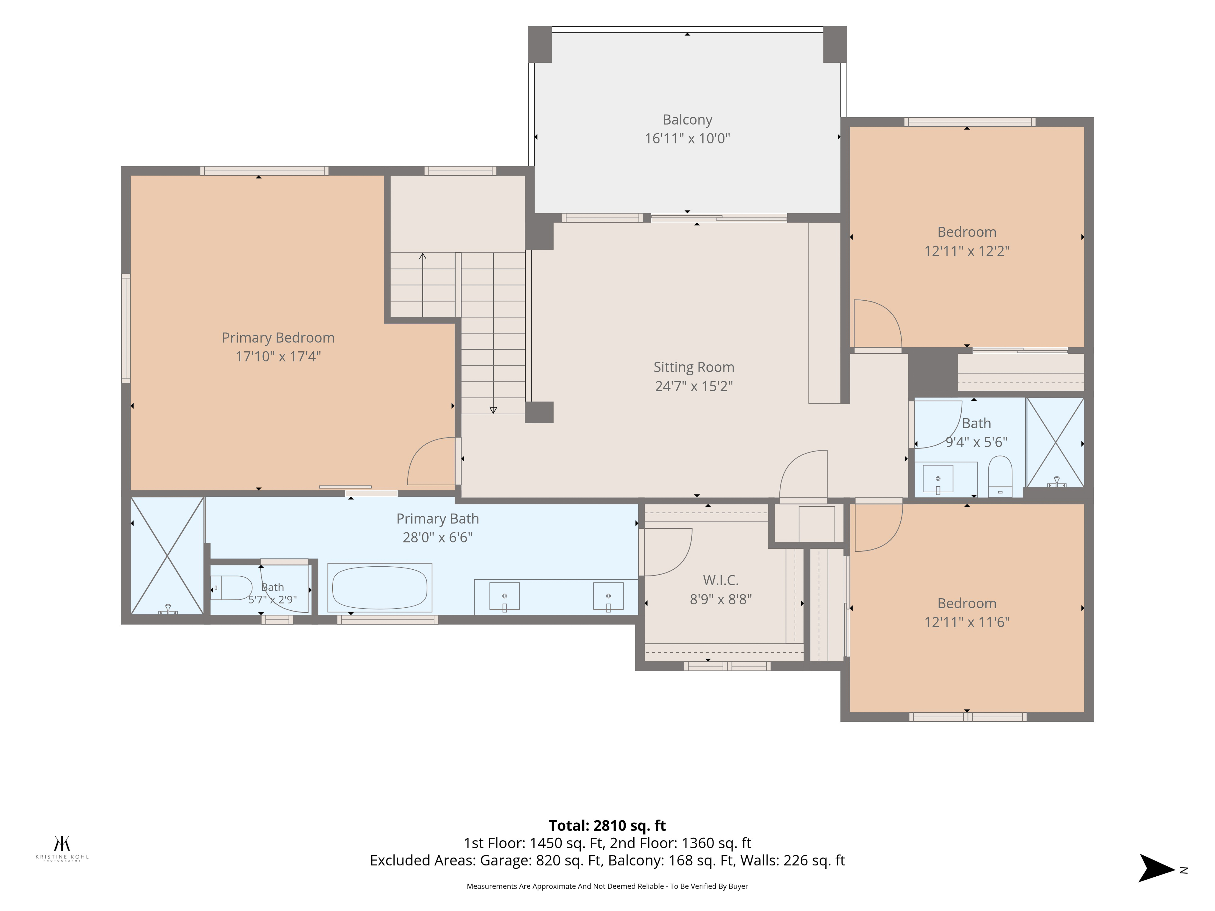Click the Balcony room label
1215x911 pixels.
click(687, 120)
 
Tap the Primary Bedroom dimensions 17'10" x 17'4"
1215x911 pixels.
click(278, 356)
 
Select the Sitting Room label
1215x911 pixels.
click(694, 367)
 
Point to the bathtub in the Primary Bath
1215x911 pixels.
click(380, 588)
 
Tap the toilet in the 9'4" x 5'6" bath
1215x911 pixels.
click(1000, 476)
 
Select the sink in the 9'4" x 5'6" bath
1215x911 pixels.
click(938, 479)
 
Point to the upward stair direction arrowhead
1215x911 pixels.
click(422, 256)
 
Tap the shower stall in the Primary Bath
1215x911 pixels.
click(167, 556)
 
